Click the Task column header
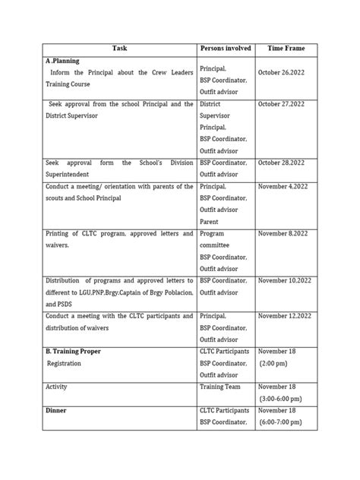pyautogui.click(x=119, y=48)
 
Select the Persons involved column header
pyautogui.click(x=226, y=48)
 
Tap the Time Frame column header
pyautogui.click(x=286, y=48)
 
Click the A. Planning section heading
pyautogui.click(x=64, y=61)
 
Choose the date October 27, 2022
pyautogui.click(x=286, y=104)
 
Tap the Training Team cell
pyautogui.click(x=220, y=387)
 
